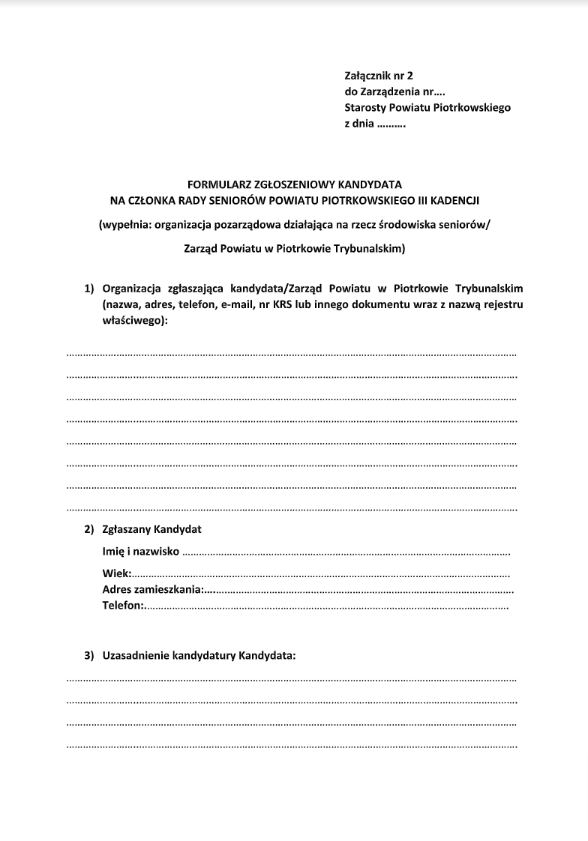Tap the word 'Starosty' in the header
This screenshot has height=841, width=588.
pyautogui.click(x=365, y=107)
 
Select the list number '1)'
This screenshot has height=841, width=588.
pyautogui.click(x=90, y=289)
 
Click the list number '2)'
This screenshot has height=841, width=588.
pyautogui.click(x=90, y=529)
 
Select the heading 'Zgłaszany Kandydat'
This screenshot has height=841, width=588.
pyautogui.click(x=152, y=529)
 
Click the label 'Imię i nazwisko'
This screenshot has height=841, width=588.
pyautogui.click(x=141, y=552)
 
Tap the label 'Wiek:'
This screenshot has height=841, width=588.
pyautogui.click(x=117, y=574)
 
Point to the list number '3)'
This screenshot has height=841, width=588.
pyautogui.click(x=90, y=656)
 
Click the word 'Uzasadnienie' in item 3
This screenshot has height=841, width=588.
pyautogui.click(x=135, y=656)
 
